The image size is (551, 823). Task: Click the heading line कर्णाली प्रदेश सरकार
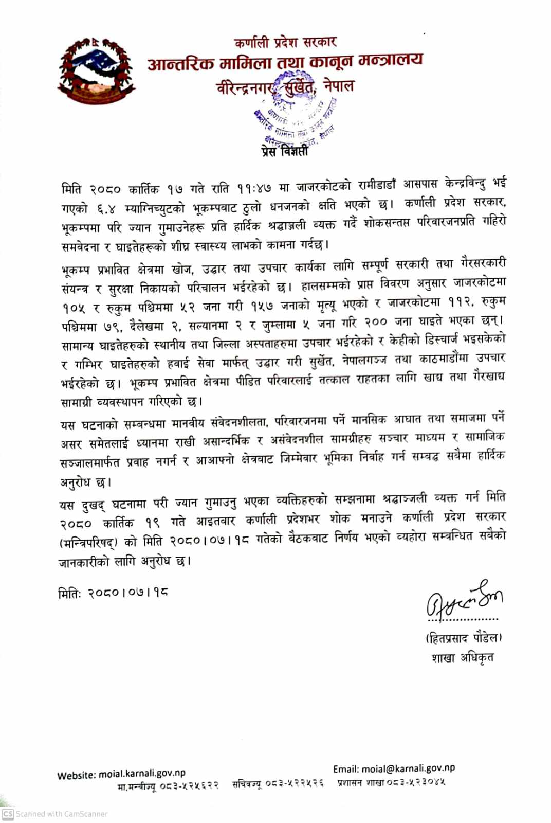285,42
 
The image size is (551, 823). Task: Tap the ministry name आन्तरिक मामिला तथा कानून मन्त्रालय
285,62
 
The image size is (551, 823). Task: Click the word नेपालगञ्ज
365,361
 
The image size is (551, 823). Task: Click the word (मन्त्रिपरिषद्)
88,543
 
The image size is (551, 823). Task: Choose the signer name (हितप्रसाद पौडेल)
463,638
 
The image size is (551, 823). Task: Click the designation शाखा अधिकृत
463,658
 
